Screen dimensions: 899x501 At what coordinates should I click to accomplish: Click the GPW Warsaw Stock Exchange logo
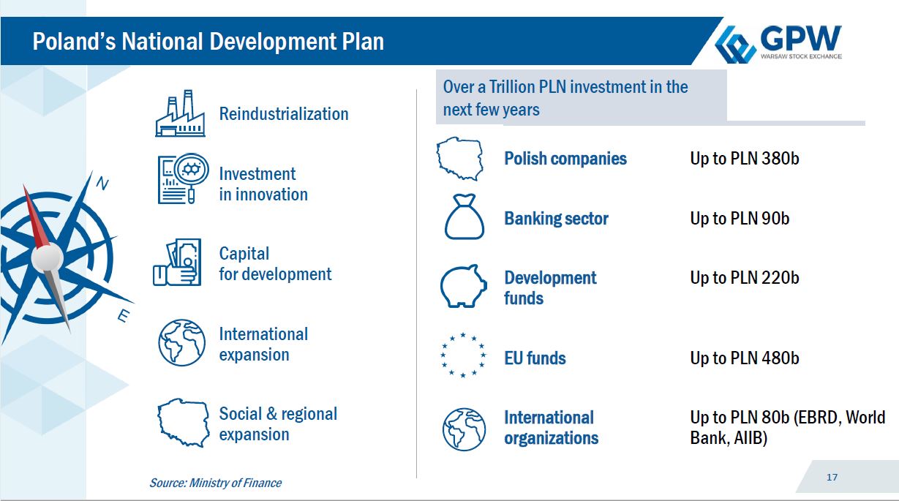click(x=778, y=43)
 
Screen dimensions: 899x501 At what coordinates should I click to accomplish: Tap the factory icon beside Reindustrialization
click(x=180, y=113)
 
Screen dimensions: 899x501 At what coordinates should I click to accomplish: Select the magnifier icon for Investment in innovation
click(x=183, y=178)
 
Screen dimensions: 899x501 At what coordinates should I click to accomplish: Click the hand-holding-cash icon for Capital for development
click(x=177, y=262)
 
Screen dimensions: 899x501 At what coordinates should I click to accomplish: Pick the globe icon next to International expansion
click(x=181, y=342)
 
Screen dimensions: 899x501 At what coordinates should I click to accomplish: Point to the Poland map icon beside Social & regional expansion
click(x=184, y=422)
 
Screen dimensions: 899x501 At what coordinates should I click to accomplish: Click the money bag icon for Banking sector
click(x=464, y=216)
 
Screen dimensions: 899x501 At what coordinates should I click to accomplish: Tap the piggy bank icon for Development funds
click(x=464, y=286)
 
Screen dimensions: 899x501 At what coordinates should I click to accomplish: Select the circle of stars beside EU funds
click(x=463, y=355)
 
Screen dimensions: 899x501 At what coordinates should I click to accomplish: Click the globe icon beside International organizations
click(x=464, y=429)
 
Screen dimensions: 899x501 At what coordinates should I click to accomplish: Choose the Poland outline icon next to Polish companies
click(x=460, y=159)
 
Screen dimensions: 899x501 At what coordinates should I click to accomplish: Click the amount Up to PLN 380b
click(x=745, y=159)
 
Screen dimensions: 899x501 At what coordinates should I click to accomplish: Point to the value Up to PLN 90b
click(x=740, y=219)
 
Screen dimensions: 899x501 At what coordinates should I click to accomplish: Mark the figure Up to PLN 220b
click(x=745, y=278)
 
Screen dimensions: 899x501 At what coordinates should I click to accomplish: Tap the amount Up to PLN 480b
click(x=745, y=358)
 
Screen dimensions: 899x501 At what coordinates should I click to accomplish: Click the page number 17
click(x=832, y=477)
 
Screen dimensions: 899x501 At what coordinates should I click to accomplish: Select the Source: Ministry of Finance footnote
click(x=216, y=483)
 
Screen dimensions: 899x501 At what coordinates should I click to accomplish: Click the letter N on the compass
click(x=102, y=184)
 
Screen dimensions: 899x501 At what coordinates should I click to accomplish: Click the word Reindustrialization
click(x=284, y=114)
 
